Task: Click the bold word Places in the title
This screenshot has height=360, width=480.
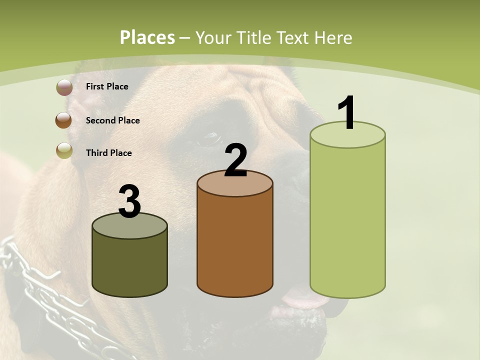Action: (x=147, y=37)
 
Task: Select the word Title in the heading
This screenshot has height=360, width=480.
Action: (x=253, y=37)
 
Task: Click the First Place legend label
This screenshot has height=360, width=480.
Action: (x=107, y=86)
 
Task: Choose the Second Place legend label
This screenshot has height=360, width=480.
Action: (x=112, y=120)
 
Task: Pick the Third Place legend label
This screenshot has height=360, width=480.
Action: (x=108, y=153)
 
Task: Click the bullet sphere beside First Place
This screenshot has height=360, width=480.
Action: (x=64, y=87)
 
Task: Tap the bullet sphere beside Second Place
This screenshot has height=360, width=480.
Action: (x=63, y=120)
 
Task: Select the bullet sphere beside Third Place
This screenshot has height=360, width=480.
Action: (x=64, y=150)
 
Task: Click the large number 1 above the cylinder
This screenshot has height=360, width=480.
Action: (x=346, y=112)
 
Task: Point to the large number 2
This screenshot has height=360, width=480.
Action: (x=235, y=160)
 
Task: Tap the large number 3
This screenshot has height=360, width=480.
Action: (x=129, y=202)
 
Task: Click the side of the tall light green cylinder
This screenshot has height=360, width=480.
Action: (x=347, y=220)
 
